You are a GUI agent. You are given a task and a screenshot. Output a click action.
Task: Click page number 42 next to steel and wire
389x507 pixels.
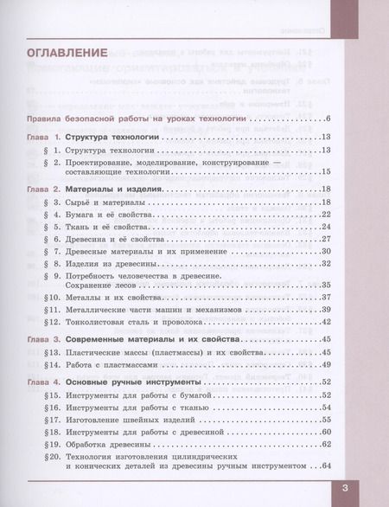tap(327, 321)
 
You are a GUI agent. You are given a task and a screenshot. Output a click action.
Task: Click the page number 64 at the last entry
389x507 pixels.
tap(327, 467)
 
